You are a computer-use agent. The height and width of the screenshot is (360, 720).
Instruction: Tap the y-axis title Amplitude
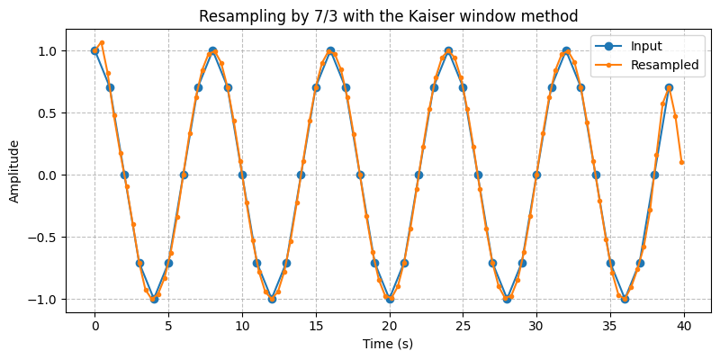pos(15,170)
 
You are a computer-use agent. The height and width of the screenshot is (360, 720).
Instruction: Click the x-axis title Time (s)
pos(388,344)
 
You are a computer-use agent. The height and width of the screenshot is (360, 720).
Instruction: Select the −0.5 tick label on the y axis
pos(43,238)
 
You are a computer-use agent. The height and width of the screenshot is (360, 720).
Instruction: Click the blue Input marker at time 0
pos(94,50)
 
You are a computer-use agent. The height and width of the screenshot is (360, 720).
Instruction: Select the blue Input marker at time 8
pos(212,50)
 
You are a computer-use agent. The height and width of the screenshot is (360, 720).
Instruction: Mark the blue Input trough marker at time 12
pos(272,299)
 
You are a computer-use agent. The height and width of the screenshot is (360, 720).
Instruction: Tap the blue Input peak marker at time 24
pos(448,50)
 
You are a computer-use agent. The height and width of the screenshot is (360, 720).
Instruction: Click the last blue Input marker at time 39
pos(669,87)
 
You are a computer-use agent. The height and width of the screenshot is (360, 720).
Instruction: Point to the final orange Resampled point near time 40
pos(681,162)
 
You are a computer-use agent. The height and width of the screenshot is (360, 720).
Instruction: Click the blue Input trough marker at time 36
pos(625,299)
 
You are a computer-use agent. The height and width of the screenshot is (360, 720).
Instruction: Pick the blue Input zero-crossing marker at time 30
pos(536,175)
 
